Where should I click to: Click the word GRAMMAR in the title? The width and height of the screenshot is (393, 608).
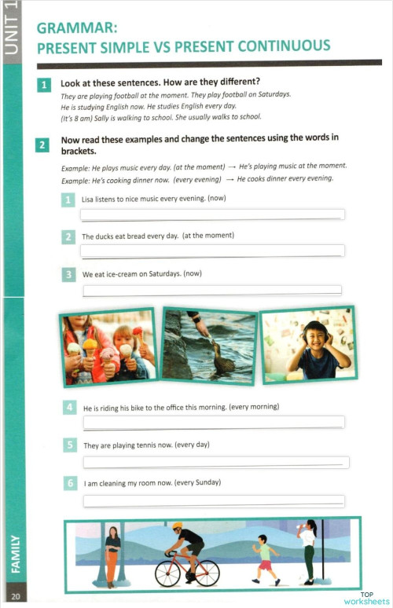point(74,29)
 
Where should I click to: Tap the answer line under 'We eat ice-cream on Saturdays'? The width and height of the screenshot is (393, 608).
point(212,290)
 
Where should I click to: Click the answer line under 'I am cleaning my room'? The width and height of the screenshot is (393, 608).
point(214,500)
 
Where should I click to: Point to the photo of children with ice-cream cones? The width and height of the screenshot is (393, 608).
point(107,346)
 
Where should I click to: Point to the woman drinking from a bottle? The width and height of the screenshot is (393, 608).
point(307,550)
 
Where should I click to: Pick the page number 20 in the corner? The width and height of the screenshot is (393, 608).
point(16,597)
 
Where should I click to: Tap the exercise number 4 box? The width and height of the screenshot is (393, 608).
point(70,408)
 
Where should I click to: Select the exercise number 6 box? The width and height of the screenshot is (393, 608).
point(70,482)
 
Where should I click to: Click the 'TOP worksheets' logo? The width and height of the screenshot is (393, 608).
point(366,598)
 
